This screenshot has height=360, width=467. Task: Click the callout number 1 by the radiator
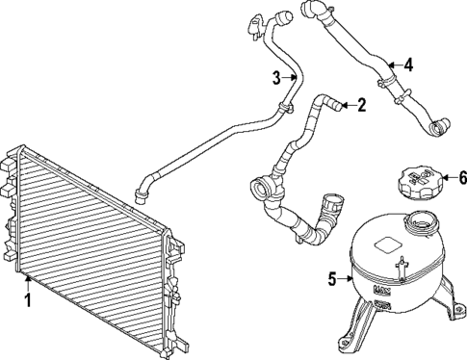[x=27, y=300]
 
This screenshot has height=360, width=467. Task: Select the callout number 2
[x=362, y=105]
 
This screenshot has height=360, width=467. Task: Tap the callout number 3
[x=275, y=78]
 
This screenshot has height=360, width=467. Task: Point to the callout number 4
[x=408, y=65]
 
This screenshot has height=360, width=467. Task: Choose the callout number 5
[x=332, y=280]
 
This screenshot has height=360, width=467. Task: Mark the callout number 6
[x=461, y=177]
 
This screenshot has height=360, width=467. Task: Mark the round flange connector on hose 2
[x=261, y=188]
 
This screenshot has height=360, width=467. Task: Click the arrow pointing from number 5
[x=345, y=280]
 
